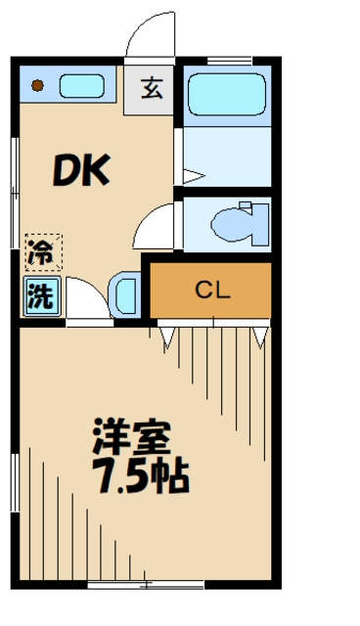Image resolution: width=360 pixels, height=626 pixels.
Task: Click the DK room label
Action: (x=80, y=172)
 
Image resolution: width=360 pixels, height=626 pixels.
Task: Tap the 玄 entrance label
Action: (x=152, y=89)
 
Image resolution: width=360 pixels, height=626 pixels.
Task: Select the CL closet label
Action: (x=210, y=290)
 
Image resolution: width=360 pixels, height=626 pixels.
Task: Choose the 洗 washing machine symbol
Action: (x=41, y=295)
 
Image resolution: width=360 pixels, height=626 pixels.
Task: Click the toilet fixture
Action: (x=240, y=224)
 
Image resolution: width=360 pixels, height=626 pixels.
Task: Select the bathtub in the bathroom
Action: (x=227, y=96)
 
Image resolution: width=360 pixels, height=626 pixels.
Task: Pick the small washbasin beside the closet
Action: (x=128, y=292)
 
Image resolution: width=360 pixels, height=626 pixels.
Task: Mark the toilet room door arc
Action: (x=157, y=227)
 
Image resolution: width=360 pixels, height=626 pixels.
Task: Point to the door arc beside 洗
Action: (x=86, y=297)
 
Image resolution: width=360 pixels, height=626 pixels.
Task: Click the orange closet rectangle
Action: (x=210, y=290)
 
